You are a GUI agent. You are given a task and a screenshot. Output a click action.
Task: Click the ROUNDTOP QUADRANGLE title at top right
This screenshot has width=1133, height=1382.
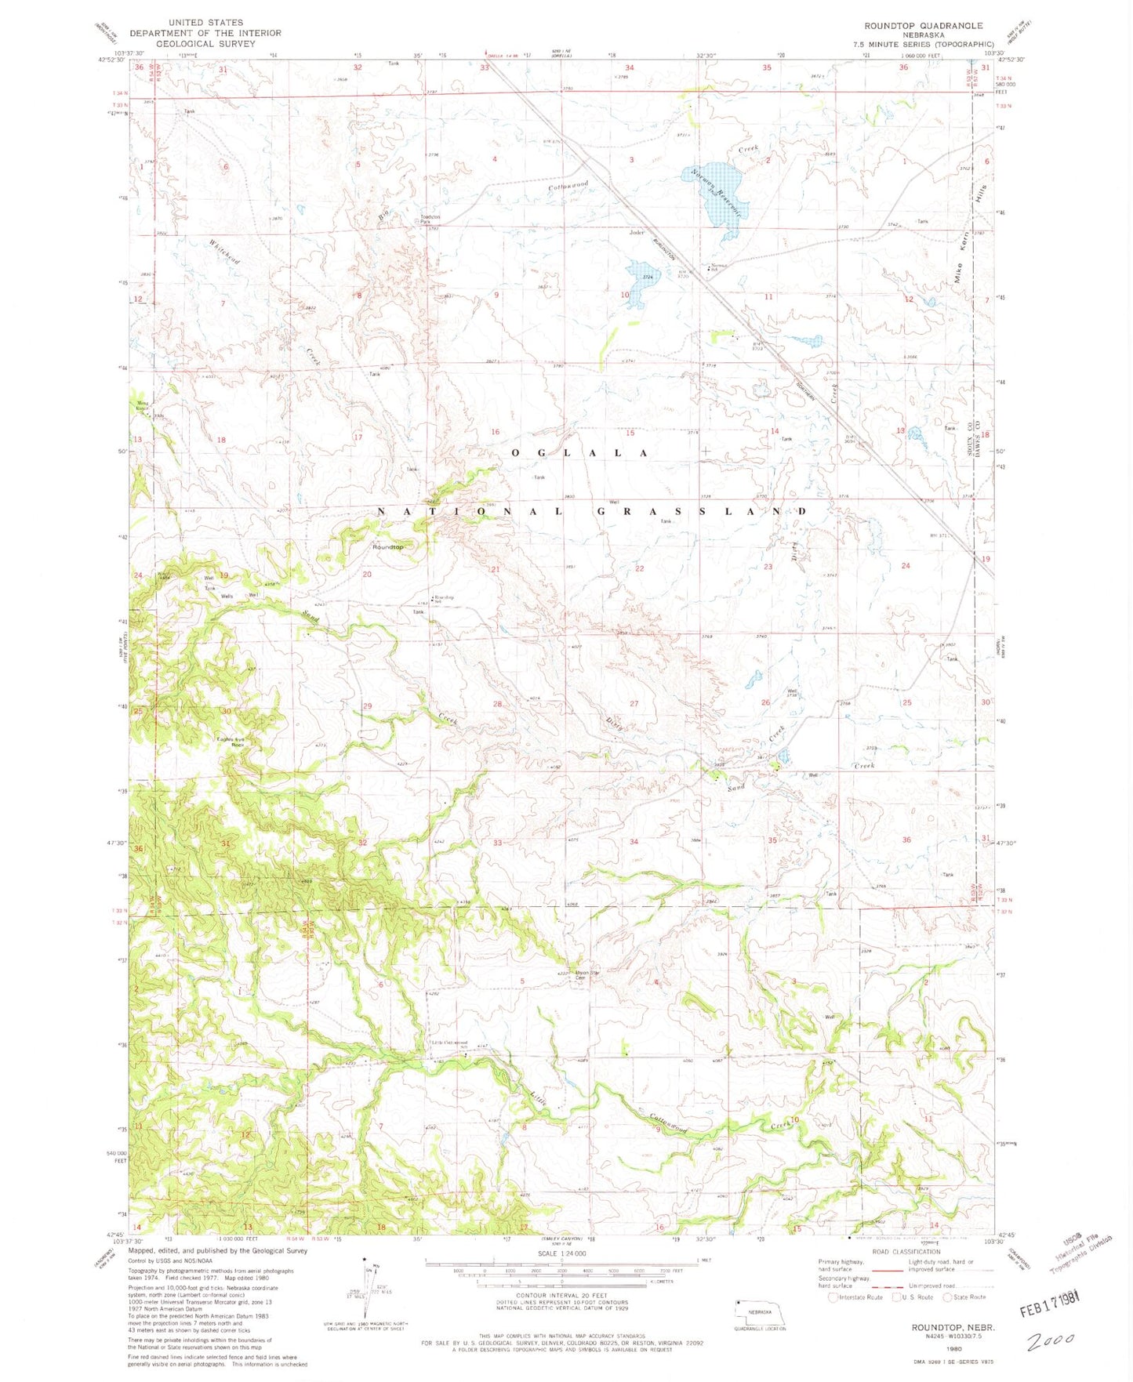pyautogui.click(x=923, y=26)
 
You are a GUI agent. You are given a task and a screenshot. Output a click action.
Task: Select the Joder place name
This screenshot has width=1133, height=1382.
pyautogui.click(x=636, y=233)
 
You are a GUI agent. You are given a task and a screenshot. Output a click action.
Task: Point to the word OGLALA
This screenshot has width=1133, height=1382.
pyautogui.click(x=579, y=453)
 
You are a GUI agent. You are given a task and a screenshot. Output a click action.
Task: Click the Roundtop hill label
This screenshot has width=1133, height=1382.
pyautogui.click(x=388, y=546)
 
